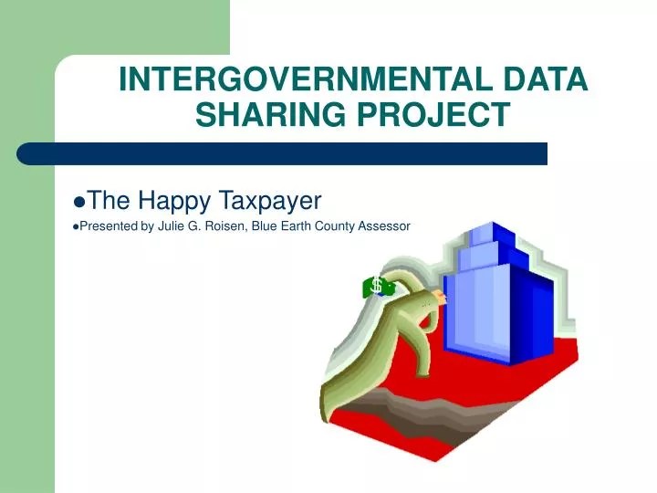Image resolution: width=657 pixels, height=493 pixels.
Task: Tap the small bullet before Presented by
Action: pyautogui.click(x=74, y=226)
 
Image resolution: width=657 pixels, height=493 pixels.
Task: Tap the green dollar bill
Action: pyautogui.click(x=377, y=287)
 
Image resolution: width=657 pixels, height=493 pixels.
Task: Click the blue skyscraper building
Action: pyautogui.click(x=497, y=301)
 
